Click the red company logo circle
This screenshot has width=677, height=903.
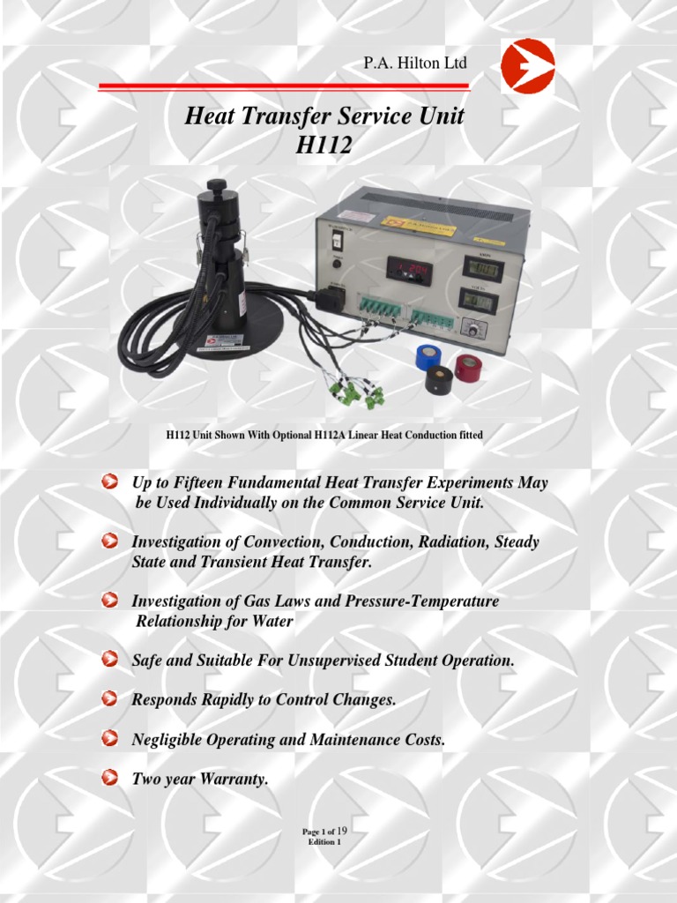click(x=527, y=66)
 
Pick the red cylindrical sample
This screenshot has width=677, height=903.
click(x=468, y=366)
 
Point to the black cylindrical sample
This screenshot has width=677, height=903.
click(x=438, y=379)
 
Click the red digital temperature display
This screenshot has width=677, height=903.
click(x=407, y=270)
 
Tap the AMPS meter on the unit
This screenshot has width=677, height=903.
click(x=482, y=268)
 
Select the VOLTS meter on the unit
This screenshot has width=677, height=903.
click(x=479, y=301)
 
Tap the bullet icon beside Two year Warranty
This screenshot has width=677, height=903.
click(x=109, y=778)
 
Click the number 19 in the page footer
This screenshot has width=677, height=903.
click(x=343, y=831)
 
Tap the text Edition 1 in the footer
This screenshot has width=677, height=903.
click(x=324, y=842)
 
